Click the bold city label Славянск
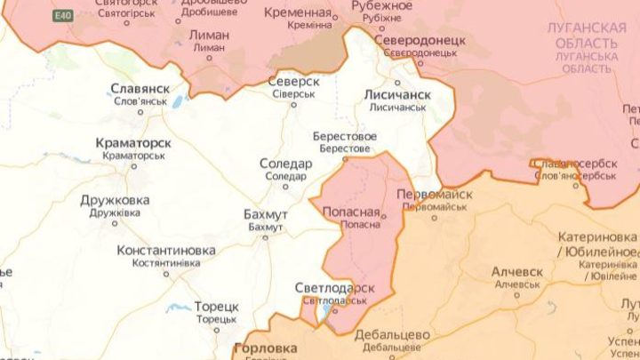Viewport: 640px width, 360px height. click(140, 89)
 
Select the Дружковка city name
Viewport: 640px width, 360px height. click(115, 200)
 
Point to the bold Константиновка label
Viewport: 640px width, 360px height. click(165, 252)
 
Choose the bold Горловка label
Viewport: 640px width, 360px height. click(265, 348)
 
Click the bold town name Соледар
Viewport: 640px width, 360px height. click(285, 164)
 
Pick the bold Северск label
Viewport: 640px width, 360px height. click(293, 81)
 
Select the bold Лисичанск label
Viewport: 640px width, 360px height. click(397, 93)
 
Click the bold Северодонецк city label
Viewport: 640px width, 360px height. click(420, 42)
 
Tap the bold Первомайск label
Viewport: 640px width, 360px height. click(432, 194)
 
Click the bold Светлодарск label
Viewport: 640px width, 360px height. click(334, 289)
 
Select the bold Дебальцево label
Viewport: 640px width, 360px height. click(392, 335)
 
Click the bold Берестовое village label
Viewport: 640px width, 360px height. click(344, 137)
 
